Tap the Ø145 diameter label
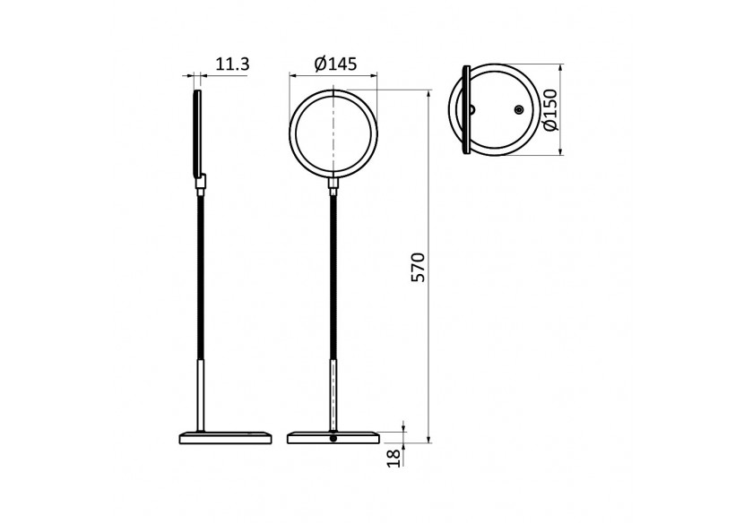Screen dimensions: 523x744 [336, 64]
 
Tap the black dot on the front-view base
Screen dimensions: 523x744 [333, 438]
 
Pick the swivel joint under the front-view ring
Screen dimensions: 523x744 [334, 184]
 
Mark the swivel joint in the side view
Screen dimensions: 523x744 [203, 184]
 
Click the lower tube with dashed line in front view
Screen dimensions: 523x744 [334, 394]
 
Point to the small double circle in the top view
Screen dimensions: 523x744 [518, 109]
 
